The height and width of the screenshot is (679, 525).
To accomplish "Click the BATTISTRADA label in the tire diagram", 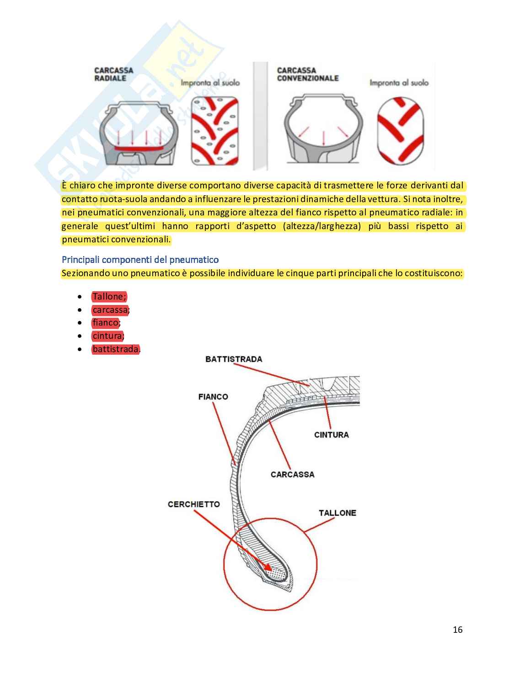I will click(x=234, y=359).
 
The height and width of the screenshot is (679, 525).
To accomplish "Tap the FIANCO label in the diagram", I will click(x=213, y=397).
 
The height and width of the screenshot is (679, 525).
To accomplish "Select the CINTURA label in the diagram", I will click(x=331, y=435).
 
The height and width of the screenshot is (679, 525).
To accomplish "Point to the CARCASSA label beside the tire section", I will click(x=292, y=475).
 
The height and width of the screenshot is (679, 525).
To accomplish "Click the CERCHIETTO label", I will click(x=193, y=504).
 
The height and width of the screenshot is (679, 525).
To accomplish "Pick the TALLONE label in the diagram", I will click(x=337, y=513).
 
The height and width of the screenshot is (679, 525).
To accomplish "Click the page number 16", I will click(x=457, y=630).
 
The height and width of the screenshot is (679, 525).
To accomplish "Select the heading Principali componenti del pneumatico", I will click(x=140, y=260).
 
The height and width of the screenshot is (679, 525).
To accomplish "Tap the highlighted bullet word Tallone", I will click(x=108, y=296).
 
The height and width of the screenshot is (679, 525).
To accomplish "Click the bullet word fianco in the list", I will click(x=105, y=323).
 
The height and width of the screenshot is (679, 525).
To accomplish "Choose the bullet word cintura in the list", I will click(x=107, y=336).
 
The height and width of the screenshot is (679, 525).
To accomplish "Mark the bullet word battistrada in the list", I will click(x=115, y=349).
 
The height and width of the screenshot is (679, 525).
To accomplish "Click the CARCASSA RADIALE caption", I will click(x=113, y=74).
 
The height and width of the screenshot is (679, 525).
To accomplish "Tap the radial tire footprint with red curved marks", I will click(x=214, y=131).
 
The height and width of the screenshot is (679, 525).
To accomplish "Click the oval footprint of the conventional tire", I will click(x=401, y=131).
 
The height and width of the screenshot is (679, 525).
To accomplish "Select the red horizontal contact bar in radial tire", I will click(x=138, y=149).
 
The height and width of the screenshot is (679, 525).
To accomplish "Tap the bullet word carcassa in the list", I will click(x=110, y=310).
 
